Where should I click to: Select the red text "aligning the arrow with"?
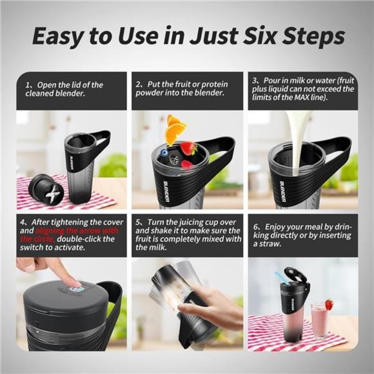(x=71, y=230)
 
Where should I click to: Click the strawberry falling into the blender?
(x=188, y=148)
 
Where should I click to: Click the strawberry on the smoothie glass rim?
(x=329, y=304)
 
